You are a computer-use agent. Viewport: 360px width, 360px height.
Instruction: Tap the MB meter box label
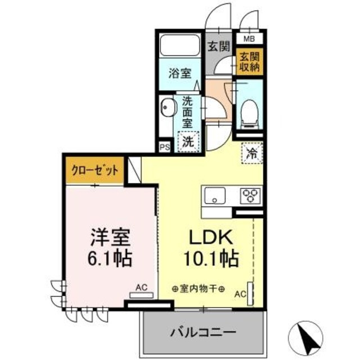(x=248, y=39)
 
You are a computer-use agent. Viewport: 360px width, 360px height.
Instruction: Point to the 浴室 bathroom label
(x=179, y=74)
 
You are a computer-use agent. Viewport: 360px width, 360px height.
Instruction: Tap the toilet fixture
(x=247, y=112)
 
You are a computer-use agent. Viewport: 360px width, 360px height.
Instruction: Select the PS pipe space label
(x=164, y=147)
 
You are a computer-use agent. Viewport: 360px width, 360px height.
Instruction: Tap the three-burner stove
(x=249, y=196)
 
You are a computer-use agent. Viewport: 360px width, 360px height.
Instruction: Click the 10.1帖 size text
(x=210, y=259)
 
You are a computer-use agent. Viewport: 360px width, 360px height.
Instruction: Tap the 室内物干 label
(x=198, y=290)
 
